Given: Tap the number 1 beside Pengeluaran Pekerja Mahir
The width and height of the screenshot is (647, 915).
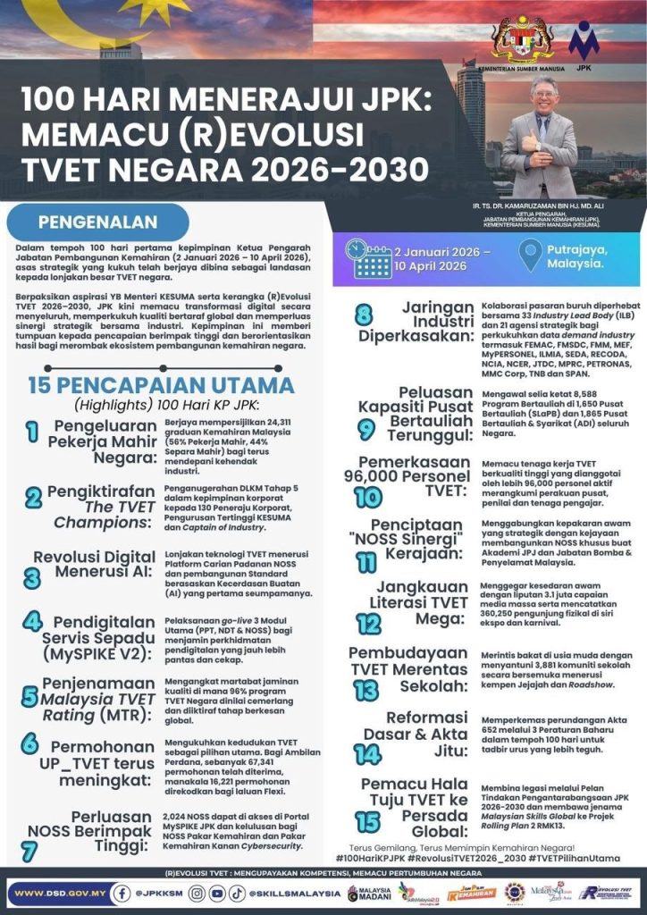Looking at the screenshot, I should [x=32, y=432].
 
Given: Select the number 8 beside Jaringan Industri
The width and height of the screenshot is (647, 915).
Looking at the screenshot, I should [x=364, y=315].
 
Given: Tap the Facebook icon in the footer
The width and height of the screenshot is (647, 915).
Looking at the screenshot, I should [x=122, y=892].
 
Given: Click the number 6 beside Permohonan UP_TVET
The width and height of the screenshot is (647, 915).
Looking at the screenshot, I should [x=29, y=744].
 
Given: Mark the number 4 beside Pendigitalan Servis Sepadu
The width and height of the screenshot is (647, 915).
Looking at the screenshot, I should [x=31, y=622].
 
